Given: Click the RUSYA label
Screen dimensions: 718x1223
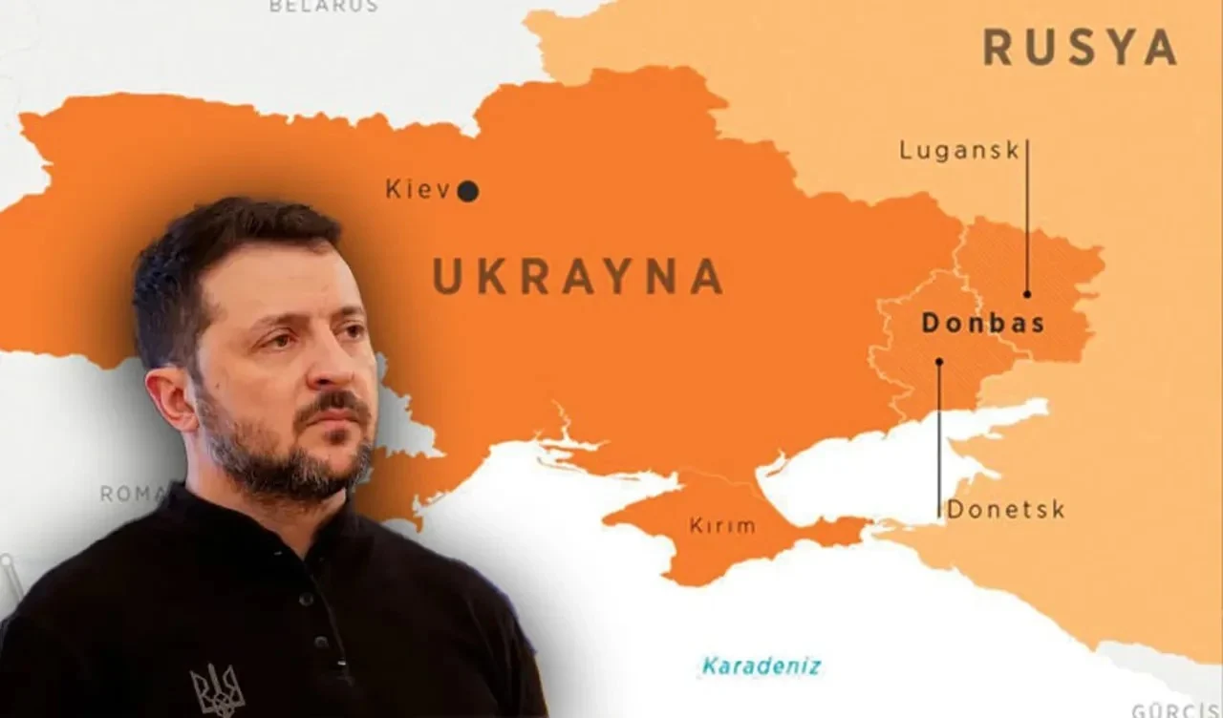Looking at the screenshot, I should [x=1080, y=48].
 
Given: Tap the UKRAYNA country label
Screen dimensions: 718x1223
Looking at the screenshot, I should [x=577, y=276].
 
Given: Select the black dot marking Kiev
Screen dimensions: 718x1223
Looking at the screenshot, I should [x=467, y=192].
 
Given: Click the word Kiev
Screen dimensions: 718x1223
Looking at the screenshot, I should [x=418, y=189].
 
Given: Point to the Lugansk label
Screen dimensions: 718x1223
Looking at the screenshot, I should [x=959, y=151].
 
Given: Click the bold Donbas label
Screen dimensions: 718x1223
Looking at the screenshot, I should [x=982, y=323].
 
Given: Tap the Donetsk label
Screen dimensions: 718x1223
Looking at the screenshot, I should [x=1005, y=510].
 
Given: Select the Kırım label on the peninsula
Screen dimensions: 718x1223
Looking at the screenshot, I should [x=721, y=525].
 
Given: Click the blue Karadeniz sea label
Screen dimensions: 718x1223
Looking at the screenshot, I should [x=761, y=665].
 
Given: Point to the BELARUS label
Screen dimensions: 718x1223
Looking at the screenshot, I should [x=323, y=6].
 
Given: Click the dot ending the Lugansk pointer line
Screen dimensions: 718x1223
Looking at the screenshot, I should [x=1027, y=294].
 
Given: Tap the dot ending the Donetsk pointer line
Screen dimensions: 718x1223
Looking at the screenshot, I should [x=939, y=362].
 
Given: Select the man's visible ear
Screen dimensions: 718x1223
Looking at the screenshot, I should [x=171, y=396].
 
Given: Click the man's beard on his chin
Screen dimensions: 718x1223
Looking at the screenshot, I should [x=315, y=468].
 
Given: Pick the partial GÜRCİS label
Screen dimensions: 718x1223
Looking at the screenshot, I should [x=1175, y=710].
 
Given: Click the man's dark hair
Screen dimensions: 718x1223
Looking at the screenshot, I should [x=220, y=248].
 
